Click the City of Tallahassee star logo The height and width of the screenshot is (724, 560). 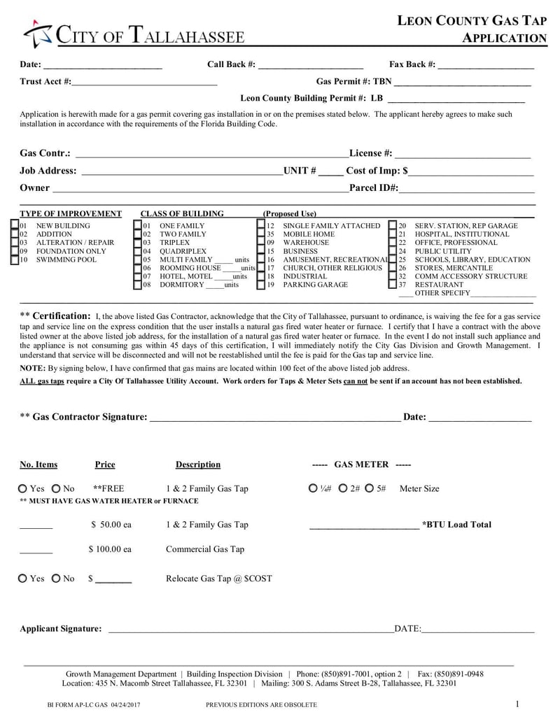[37, 35]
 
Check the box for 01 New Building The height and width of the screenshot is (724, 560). [15, 226]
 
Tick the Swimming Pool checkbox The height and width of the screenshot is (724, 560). [15, 260]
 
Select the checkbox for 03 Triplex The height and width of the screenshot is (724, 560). [138, 243]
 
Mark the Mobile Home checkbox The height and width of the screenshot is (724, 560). [261, 234]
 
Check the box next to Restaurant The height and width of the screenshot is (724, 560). [393, 285]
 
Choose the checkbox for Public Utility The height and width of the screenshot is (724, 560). [393, 251]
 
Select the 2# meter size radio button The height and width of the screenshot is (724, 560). [344, 488]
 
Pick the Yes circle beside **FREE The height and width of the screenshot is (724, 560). [23, 488]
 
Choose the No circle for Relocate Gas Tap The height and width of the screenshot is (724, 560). [56, 579]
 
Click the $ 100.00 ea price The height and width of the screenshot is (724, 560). [110, 549]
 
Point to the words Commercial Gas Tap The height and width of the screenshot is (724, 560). [205, 549]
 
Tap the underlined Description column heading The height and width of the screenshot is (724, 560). [197, 464]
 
